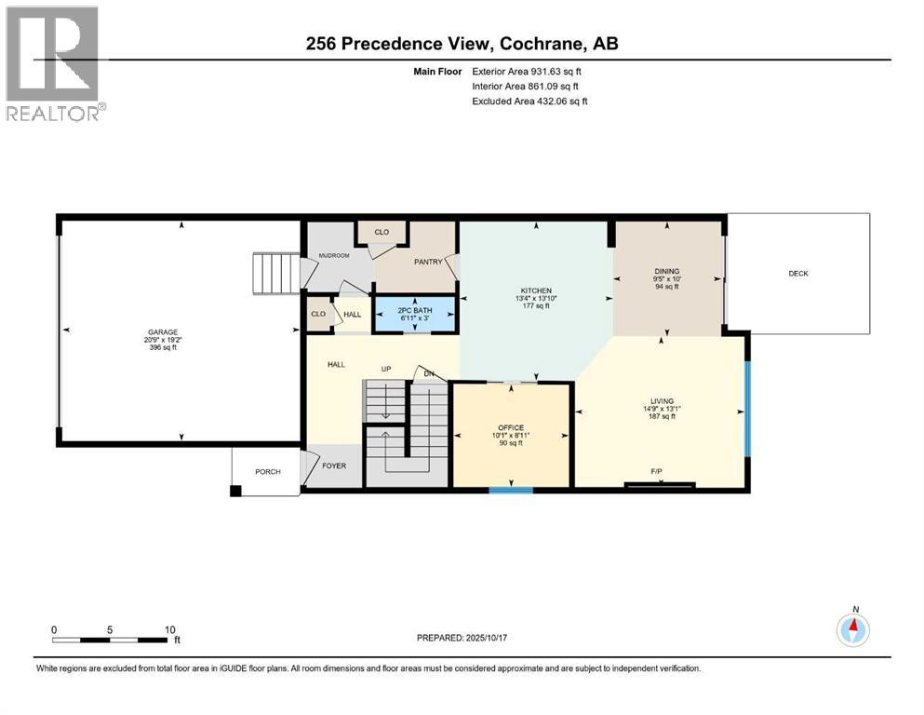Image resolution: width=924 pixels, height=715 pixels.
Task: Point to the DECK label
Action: click(798, 274)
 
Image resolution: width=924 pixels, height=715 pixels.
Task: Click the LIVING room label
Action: click(662, 401)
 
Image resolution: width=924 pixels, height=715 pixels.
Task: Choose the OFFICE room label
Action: click(511, 427)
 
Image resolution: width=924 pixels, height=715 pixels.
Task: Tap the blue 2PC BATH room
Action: click(415, 314)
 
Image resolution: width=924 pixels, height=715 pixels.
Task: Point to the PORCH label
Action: click(268, 472)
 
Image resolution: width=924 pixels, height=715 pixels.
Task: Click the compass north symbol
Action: click(853, 629)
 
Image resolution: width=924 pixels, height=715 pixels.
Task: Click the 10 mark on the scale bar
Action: click(170, 629)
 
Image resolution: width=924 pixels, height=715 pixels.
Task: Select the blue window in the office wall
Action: click(511, 488)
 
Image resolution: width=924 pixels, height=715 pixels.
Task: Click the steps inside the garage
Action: click(274, 274)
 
